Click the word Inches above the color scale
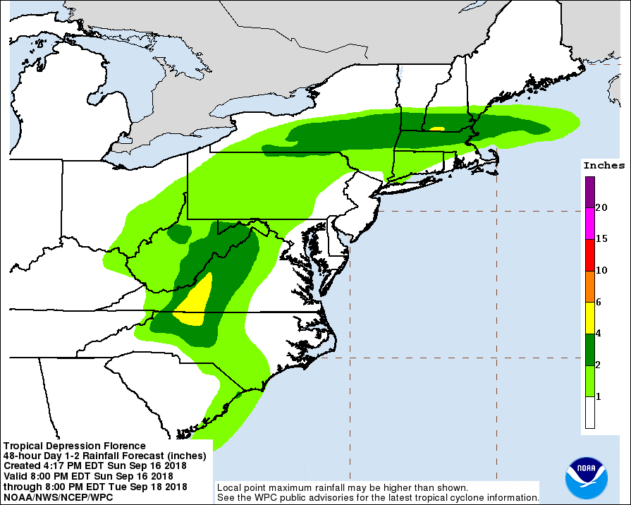(x=604, y=166)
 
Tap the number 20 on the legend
(x=601, y=207)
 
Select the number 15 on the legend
(x=601, y=239)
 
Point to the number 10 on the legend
(x=601, y=270)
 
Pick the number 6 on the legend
(x=599, y=302)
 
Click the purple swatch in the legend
(x=589, y=192)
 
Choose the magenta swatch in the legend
(x=589, y=224)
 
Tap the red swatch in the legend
(x=589, y=255)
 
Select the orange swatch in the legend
(x=589, y=286)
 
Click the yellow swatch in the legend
(x=589, y=317)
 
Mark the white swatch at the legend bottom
(x=589, y=413)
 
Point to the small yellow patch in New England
(x=437, y=129)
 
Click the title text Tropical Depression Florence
(x=74, y=446)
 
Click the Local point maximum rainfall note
(x=341, y=487)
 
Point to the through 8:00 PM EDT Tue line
(x=95, y=487)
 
